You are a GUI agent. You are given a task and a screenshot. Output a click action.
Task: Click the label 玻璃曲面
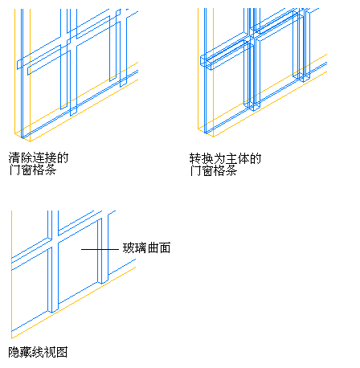(x=146, y=248)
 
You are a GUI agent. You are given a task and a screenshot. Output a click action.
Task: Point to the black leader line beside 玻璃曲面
(x=100, y=249)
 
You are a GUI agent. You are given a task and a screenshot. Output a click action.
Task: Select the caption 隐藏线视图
(x=38, y=352)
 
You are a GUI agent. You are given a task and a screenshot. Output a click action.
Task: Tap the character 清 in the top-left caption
(x=14, y=157)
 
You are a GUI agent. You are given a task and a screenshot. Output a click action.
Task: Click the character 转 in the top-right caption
(x=195, y=158)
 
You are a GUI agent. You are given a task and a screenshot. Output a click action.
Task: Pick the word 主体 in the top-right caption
(x=237, y=158)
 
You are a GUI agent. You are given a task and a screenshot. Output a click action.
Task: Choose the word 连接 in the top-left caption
(x=44, y=157)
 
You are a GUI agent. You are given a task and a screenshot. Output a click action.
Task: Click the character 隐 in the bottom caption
(x=14, y=352)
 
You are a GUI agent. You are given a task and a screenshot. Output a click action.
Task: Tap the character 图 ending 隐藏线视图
(x=62, y=352)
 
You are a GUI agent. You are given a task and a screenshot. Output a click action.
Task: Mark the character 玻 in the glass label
(x=129, y=248)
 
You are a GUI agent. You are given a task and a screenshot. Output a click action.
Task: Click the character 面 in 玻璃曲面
(x=165, y=248)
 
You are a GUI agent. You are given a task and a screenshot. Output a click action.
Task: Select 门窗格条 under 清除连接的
(x=32, y=170)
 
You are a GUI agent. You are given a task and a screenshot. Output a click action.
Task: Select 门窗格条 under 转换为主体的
(x=214, y=170)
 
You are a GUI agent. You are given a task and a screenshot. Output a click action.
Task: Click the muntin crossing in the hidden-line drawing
(x=53, y=241)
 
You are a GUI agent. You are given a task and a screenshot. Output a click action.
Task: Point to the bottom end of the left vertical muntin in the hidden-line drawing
(x=53, y=312)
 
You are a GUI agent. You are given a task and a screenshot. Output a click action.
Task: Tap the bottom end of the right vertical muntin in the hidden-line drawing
(x=103, y=282)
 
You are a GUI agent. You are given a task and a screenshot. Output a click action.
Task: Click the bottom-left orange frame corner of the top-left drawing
(x=15, y=133)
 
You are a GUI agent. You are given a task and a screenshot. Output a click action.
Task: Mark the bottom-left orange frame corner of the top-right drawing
(x=198, y=129)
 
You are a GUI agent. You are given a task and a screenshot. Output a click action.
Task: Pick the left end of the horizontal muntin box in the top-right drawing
(x=201, y=61)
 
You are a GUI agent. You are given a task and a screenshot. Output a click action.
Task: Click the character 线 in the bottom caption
(x=38, y=352)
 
